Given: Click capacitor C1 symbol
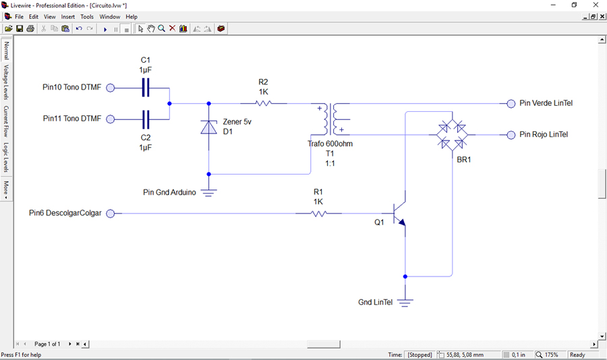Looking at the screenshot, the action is point(146,88).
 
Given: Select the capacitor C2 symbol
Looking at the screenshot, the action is point(146,119).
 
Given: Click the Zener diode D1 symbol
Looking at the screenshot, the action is point(208,127).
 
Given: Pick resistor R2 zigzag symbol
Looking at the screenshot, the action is point(263,103).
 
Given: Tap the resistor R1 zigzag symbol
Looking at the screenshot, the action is point(318,213).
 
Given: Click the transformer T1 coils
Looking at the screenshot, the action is point(330,119).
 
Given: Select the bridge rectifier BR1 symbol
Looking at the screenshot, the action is point(452,135).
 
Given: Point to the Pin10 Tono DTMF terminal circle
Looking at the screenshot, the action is point(111,88).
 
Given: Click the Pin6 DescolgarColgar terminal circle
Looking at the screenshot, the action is point(111,213).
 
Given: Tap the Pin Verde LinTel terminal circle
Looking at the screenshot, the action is point(511,103).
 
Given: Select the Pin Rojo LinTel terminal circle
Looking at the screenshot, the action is point(511,135).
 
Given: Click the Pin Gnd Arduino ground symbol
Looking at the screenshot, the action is point(208,192).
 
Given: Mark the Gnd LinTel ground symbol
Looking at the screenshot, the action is point(405,302).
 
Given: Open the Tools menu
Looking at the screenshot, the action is point(87,17).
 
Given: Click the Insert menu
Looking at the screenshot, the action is point(67,17).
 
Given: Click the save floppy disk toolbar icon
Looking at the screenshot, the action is point(20,28).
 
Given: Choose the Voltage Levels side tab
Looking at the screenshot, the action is point(6,82).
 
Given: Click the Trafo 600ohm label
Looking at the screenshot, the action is point(330,144).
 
